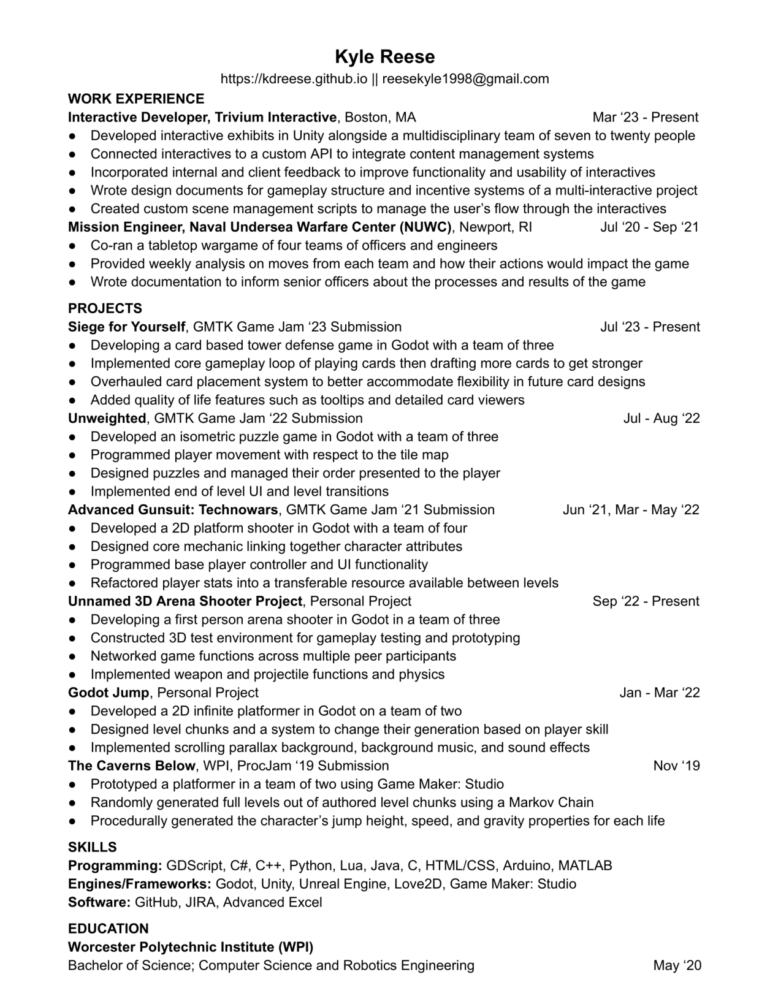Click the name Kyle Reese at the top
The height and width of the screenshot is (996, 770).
[x=384, y=57]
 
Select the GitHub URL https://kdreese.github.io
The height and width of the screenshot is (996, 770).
[x=294, y=78]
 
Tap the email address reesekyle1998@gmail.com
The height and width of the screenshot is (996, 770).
[x=465, y=78]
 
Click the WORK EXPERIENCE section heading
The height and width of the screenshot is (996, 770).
[x=136, y=99]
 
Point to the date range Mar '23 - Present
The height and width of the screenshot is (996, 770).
[x=645, y=117]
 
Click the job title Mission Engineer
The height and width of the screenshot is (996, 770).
[x=124, y=227]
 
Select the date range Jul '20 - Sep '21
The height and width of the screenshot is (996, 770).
[x=649, y=227]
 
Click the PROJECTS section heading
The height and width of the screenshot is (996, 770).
[x=105, y=308]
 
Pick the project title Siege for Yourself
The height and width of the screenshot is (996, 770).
[x=127, y=327]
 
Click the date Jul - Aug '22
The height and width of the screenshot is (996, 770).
[x=661, y=419]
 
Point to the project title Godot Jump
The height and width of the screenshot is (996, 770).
[x=109, y=693]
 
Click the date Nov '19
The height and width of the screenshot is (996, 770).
[x=676, y=766]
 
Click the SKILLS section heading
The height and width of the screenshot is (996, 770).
[x=92, y=847]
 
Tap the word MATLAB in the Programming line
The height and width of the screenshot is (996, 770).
[x=585, y=865]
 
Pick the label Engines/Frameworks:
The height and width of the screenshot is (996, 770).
[x=140, y=884]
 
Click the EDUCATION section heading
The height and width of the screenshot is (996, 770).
[x=108, y=929]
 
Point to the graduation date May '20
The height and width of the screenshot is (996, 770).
[x=677, y=965]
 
